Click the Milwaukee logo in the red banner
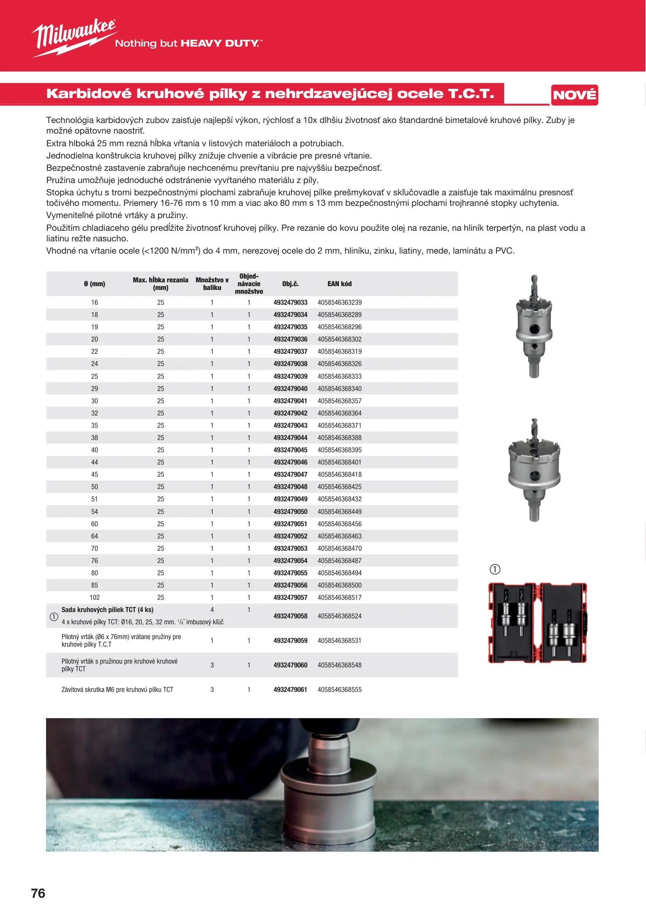coord(74,37)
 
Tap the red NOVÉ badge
coord(574,95)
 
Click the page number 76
coord(38,893)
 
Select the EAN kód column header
coord(339,284)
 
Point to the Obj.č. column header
coord(290,284)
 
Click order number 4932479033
coord(290,303)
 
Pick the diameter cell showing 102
coord(95,597)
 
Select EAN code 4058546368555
coord(339,689)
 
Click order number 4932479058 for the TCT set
coord(290,616)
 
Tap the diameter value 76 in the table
coord(95,560)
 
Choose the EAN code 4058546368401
coord(339,462)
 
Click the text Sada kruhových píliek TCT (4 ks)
coord(107,610)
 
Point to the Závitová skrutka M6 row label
coord(117,689)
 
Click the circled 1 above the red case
coord(495,569)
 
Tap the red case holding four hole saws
coord(537,622)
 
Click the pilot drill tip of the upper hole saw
coord(534,281)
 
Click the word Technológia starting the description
coord(70,120)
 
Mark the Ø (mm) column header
coord(95,284)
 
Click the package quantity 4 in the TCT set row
coord(212,610)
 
